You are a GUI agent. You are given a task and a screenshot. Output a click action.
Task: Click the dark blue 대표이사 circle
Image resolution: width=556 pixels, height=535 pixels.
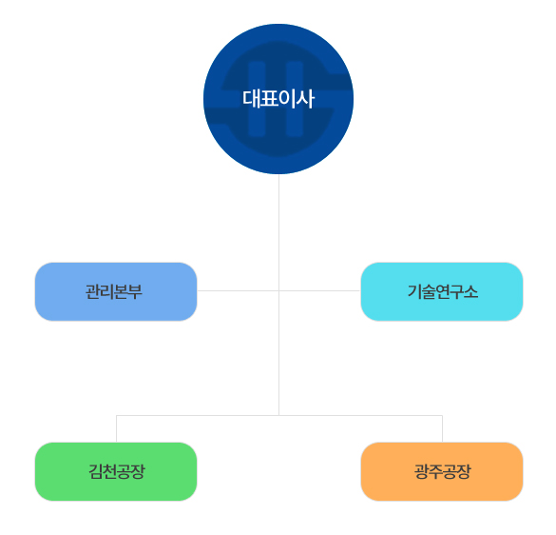pos(278,99)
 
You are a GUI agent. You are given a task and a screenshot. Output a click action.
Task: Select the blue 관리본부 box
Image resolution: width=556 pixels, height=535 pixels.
pos(116,291)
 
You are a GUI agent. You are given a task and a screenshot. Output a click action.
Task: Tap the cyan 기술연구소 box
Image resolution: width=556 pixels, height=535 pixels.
pos(442,291)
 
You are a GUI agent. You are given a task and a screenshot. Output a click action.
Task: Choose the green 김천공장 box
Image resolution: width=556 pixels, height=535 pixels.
pos(116,471)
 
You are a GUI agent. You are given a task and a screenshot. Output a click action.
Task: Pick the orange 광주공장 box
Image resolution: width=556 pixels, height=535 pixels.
pos(442,471)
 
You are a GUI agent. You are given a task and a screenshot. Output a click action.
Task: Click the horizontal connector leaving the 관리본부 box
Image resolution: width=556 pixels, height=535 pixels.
pos(238,290)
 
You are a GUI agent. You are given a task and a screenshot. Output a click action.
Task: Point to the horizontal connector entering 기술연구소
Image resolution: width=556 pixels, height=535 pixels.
pos(320,290)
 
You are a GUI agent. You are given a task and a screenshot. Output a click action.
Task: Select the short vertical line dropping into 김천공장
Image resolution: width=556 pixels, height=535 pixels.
pos(116,428)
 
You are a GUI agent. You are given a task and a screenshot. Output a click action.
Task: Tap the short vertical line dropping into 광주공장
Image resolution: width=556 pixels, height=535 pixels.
pos(442,428)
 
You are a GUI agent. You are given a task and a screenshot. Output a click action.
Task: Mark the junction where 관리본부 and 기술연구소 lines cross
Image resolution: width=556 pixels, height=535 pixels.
pos(279,290)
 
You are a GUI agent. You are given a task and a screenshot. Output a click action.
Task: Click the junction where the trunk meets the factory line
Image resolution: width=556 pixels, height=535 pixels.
pos(279,415)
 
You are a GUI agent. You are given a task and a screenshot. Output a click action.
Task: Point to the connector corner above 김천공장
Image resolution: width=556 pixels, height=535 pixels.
pos(116,415)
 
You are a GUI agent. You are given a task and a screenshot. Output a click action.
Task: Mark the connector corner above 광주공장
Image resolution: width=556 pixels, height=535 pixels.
pos(442,415)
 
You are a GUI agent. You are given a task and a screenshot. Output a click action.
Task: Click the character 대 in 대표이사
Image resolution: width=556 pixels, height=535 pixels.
pos(252,99)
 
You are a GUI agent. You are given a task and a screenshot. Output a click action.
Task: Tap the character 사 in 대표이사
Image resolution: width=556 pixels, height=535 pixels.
pos(305,99)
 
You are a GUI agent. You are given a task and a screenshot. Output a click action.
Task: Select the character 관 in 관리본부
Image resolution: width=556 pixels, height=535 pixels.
pos(92,292)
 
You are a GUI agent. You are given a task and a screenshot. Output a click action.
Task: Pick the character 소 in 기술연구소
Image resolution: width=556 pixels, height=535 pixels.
pos(471,292)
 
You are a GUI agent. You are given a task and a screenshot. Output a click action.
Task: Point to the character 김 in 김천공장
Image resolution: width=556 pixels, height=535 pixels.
pos(95,472)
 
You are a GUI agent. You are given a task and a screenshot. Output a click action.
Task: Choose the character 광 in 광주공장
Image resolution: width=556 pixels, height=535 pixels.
pos(421,472)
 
